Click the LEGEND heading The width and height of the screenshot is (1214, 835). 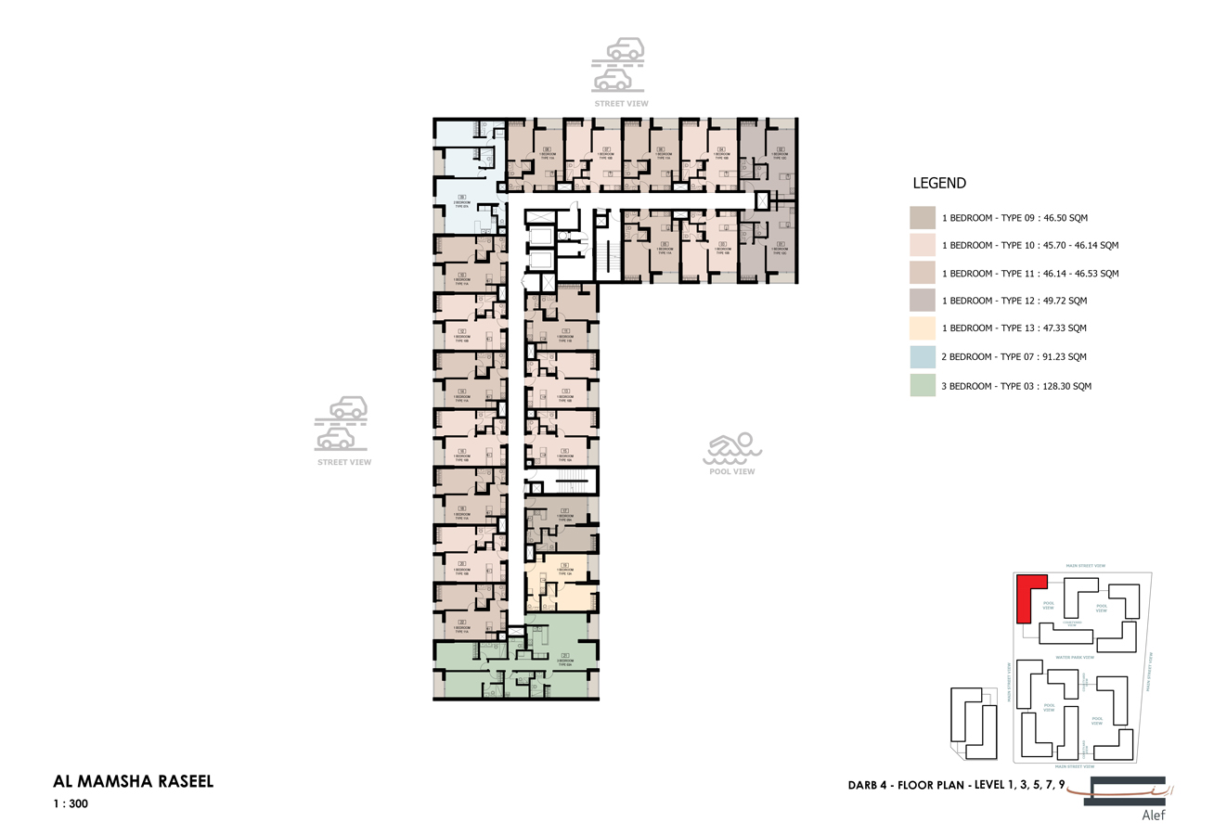939,184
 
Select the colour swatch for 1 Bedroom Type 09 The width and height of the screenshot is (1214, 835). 923,218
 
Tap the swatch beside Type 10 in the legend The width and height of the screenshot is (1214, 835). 923,245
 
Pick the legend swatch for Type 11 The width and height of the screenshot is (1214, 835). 923,273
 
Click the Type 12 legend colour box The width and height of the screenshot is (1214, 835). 923,300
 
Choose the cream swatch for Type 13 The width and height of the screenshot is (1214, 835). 923,328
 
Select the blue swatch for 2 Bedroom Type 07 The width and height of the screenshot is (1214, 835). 923,356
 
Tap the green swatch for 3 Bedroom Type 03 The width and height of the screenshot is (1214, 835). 923,385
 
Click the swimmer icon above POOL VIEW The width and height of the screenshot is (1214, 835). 732,449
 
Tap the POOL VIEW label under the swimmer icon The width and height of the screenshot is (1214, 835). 732,471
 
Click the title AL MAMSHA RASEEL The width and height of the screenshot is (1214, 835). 134,781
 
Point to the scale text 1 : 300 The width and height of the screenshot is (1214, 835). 71,804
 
